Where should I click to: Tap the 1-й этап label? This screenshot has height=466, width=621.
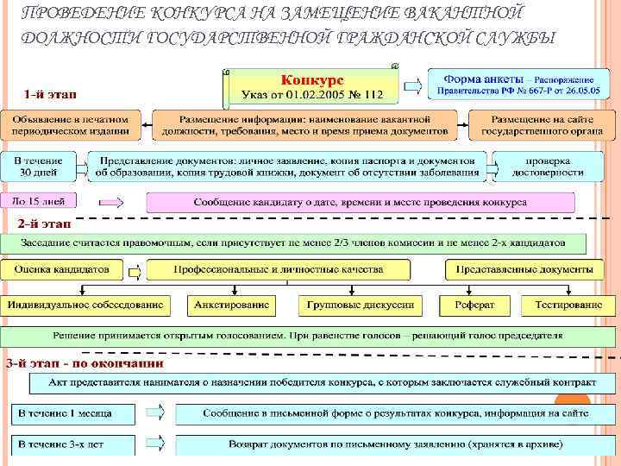point(47,92)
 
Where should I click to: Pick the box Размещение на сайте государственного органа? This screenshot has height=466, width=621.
point(530,124)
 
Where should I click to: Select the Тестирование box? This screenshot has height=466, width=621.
point(568,305)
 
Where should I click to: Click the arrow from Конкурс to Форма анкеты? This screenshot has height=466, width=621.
point(411,85)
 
